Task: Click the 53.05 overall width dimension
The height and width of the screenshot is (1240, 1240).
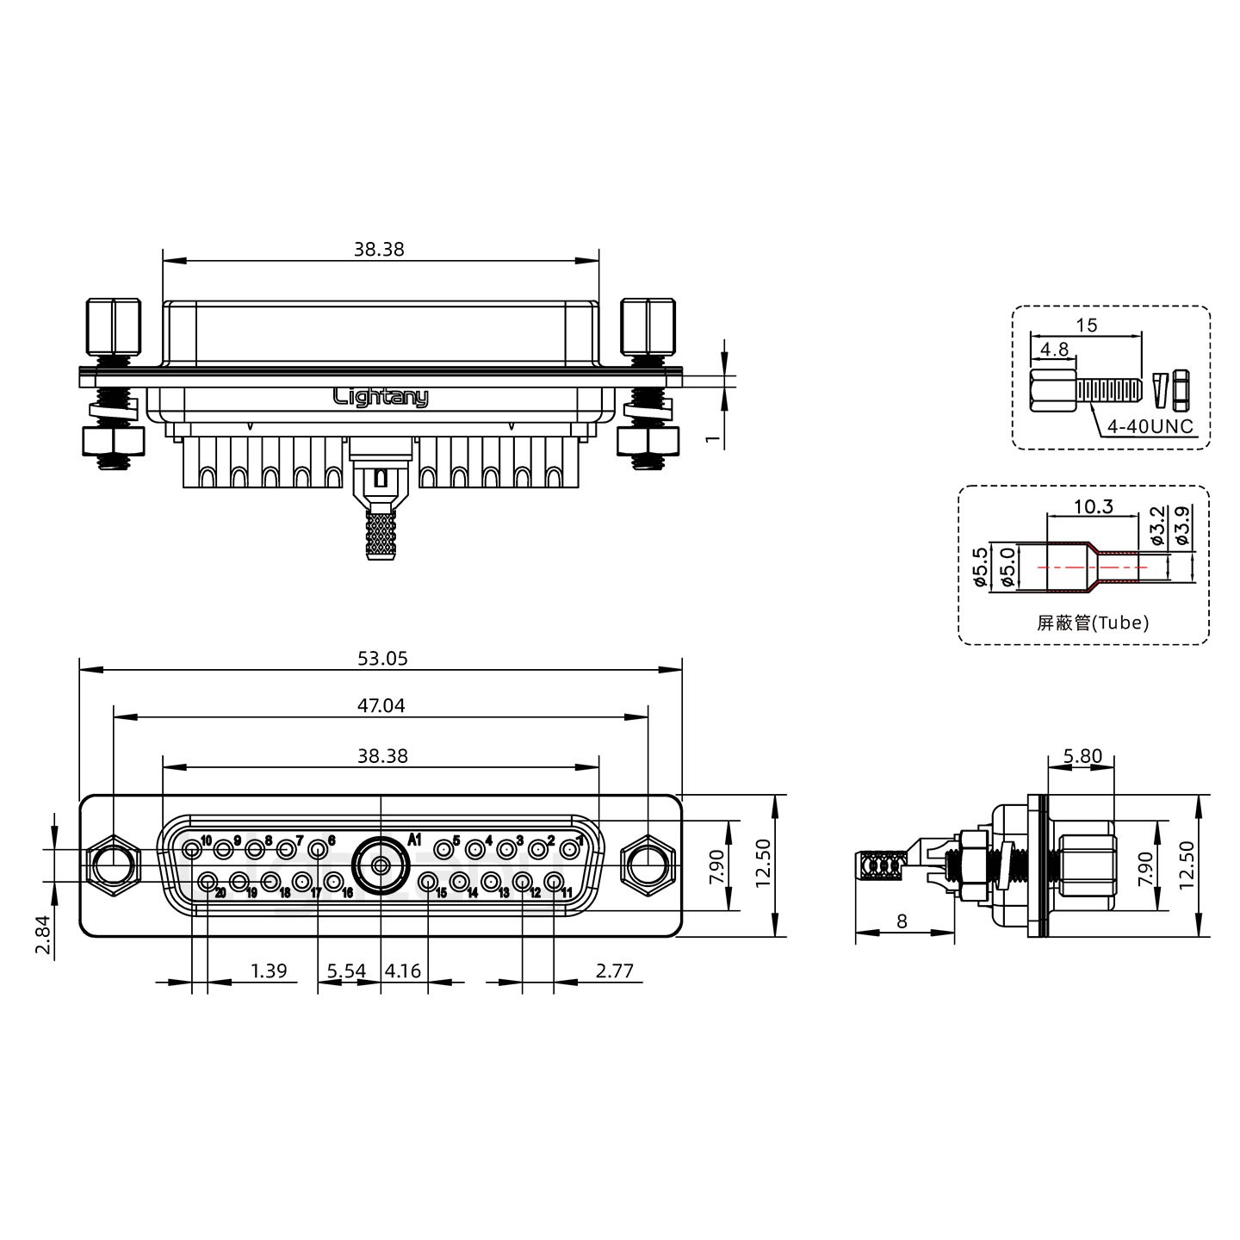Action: [382, 658]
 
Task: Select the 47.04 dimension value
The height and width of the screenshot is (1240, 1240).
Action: [381, 705]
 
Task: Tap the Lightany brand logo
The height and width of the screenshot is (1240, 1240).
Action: [381, 397]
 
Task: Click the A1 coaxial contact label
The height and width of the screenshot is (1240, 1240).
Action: [415, 839]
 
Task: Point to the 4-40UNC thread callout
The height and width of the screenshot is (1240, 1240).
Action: [1150, 426]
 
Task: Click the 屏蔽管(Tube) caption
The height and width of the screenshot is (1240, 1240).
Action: [1093, 623]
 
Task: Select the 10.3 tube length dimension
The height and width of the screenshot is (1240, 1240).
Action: [1094, 506]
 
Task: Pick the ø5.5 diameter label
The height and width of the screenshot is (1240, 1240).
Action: [980, 567]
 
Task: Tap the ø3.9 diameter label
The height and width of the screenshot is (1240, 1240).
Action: [1182, 525]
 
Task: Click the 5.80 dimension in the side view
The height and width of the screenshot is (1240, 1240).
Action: [1082, 755]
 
